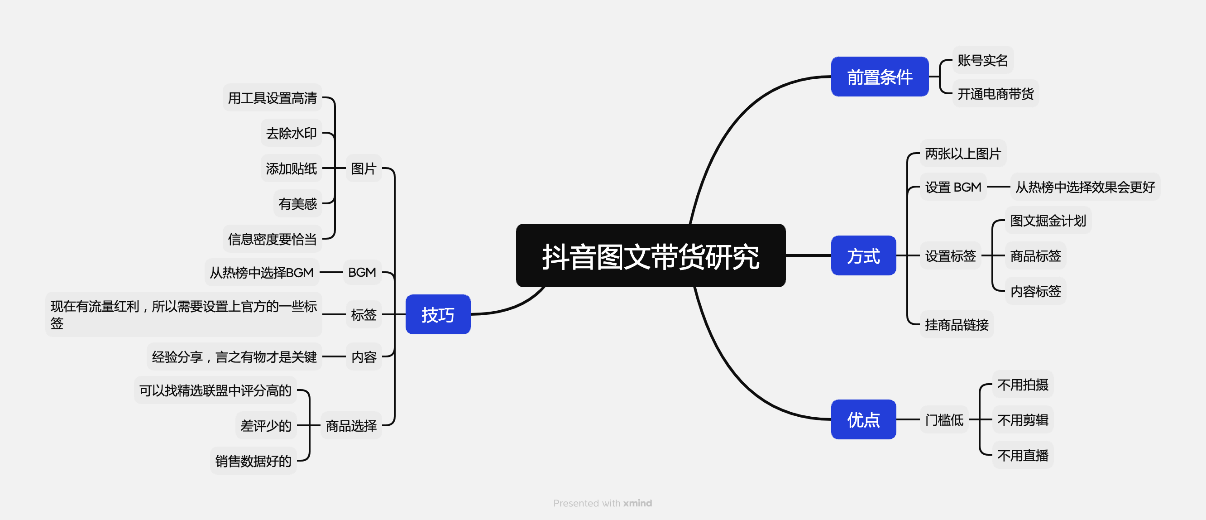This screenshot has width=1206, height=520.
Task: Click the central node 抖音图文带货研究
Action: pos(650,256)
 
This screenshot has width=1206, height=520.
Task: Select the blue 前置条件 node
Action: pos(879,77)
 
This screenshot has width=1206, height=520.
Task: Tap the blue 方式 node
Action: pos(863,256)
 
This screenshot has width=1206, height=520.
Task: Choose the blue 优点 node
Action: pos(863,420)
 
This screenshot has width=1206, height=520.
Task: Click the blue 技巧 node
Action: pos(438,315)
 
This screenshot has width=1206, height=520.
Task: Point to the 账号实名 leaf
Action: pos(982,60)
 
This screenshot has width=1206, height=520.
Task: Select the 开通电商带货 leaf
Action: pos(995,94)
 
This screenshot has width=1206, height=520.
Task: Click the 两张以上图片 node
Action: pos(962,154)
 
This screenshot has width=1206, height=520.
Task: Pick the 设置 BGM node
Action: pos(953,188)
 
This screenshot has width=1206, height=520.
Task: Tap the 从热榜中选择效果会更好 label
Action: pos(1085,188)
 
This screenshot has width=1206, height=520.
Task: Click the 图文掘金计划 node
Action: pos(1048,221)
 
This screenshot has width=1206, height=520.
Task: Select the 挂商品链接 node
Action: pos(957,325)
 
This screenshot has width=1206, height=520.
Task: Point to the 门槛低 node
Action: pos(944,420)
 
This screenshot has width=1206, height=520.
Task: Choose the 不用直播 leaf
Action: pos(1023,455)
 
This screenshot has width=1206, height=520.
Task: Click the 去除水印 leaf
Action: pos(291,134)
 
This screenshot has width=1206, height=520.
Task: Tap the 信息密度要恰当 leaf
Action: pos(272,239)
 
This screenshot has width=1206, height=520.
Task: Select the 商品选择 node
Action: pos(351,426)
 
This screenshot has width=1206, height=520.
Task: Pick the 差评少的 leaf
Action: pos(266,426)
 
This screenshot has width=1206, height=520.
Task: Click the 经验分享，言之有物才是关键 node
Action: pos(234,357)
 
